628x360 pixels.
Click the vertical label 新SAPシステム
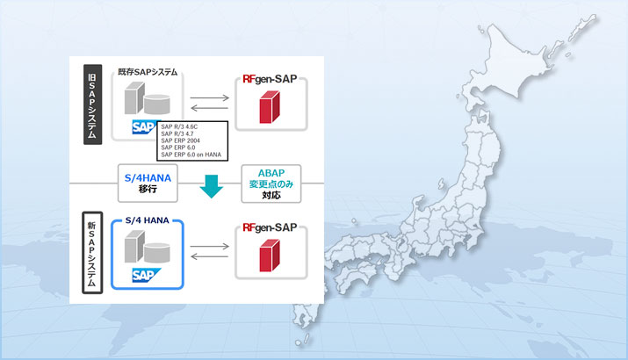(x=90, y=251)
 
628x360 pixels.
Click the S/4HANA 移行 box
(x=147, y=183)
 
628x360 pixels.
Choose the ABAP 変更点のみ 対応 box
(x=270, y=183)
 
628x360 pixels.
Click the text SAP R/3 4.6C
(x=182, y=128)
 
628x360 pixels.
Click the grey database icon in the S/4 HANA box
(x=154, y=252)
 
